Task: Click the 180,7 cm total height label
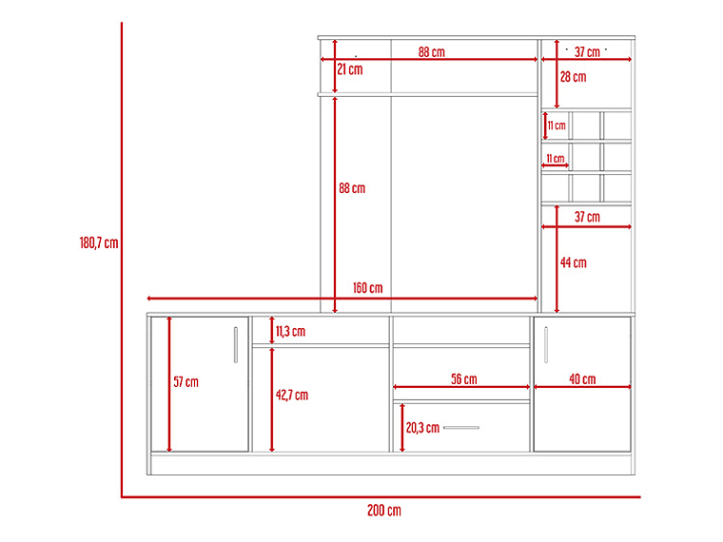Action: tap(99, 242)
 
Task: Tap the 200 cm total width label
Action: tap(384, 511)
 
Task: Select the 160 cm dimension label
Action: tap(367, 288)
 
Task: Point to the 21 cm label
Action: tap(349, 69)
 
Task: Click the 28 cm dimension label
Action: tap(573, 77)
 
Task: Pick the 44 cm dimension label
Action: tap(573, 262)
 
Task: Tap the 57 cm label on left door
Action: tap(186, 382)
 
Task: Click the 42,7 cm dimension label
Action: tap(292, 395)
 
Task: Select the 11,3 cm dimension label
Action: tap(290, 331)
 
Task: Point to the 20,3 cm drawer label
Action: tap(422, 428)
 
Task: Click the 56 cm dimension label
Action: tap(464, 379)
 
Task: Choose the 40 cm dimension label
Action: tap(582, 379)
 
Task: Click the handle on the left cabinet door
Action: tap(236, 345)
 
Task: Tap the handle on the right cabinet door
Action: tap(546, 345)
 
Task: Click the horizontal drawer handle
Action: tap(461, 428)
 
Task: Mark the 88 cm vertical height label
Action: tap(352, 188)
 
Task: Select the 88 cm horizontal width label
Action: tap(432, 52)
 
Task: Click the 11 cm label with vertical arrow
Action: tap(557, 126)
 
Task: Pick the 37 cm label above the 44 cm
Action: tap(587, 217)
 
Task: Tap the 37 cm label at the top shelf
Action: tap(587, 52)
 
